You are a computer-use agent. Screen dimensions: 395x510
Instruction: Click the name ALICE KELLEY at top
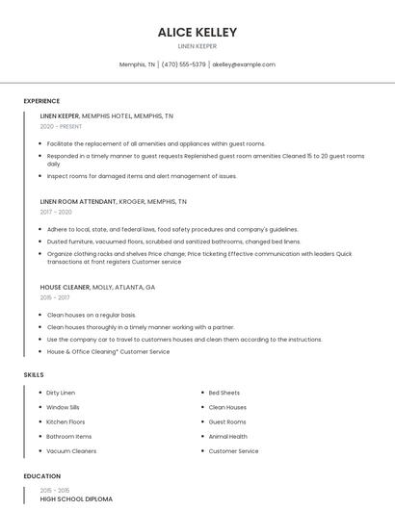pos(197,32)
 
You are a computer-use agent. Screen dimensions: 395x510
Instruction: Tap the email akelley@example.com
pos(244,64)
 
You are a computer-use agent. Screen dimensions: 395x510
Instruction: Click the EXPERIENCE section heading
pos(41,101)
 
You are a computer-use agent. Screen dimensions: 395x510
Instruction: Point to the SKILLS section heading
pos(34,374)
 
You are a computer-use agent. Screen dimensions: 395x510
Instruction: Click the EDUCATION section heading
pos(41,476)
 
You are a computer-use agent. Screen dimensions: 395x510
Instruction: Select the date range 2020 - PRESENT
pos(61,126)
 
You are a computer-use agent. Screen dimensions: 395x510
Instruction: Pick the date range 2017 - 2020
pos(56,212)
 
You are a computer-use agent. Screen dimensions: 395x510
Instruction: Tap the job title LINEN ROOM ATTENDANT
pos(77,202)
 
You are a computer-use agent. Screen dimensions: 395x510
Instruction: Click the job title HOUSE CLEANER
pos(65,287)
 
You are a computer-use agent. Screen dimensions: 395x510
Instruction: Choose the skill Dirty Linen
pos(61,393)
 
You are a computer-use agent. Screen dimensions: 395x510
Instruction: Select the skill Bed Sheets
pos(224,393)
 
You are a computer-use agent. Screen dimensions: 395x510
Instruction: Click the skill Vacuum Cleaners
pos(71,451)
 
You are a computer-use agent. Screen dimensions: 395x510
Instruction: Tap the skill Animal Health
pos(227,437)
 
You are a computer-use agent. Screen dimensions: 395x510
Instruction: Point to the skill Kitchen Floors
pos(66,421)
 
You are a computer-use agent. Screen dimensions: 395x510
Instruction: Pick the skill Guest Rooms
pos(227,421)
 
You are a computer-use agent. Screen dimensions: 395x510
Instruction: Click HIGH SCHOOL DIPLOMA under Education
pos(76,499)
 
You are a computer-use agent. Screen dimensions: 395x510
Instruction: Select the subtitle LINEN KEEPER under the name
pos(197,46)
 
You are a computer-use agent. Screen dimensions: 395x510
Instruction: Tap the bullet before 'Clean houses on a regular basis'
pos(41,315)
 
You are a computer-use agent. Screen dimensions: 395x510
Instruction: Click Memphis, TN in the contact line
pos(137,64)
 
